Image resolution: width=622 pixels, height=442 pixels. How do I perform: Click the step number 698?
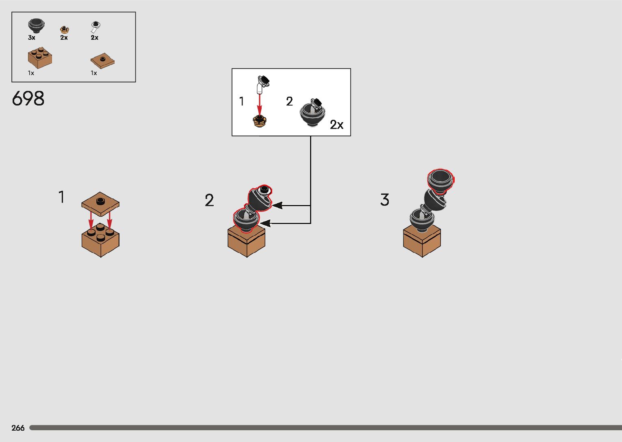point(28,99)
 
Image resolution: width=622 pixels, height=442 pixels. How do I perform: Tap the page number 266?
point(18,428)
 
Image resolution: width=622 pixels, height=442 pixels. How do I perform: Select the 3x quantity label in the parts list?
point(32,37)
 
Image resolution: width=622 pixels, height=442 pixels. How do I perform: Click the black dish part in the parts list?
point(36,25)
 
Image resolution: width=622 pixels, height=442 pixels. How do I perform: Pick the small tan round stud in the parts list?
point(64,29)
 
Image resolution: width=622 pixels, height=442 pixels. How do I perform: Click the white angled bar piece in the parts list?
point(95,27)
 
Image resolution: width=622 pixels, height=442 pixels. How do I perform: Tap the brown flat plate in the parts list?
point(102,61)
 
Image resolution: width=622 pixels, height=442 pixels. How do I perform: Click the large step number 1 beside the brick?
point(61,197)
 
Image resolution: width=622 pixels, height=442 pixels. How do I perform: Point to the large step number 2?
point(209,201)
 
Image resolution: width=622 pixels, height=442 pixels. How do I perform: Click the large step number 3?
point(384,200)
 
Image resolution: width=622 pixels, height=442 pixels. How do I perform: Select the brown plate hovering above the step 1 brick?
point(100,202)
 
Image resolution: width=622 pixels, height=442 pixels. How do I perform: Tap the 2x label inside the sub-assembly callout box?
point(336,125)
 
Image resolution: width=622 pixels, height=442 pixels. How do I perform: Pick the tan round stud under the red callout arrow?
point(260,121)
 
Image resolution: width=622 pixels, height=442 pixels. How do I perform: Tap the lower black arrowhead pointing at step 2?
point(265,223)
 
